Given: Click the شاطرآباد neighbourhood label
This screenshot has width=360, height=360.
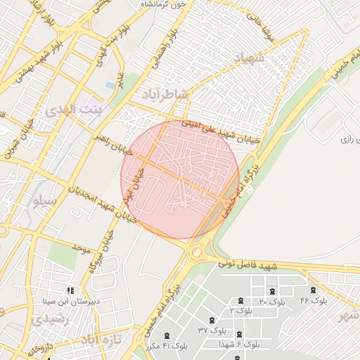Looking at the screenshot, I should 165,94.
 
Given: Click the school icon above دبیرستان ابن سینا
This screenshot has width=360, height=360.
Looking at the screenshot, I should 70,290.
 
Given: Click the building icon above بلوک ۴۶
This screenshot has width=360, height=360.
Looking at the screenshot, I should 314,290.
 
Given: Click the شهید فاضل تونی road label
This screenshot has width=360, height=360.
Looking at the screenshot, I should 247,265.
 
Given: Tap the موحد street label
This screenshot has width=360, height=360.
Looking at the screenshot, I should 82,248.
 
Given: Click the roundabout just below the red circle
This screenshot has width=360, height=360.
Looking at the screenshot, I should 198,252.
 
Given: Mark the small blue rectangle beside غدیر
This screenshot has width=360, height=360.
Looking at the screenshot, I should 110,85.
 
